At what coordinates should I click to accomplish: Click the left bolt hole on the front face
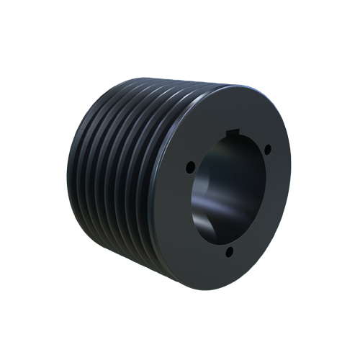[190, 167]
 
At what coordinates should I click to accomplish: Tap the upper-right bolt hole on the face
[267, 149]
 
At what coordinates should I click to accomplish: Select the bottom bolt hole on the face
[230, 251]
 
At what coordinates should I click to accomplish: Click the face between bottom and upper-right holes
[271, 216]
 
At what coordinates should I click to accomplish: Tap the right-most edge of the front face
[291, 184]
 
